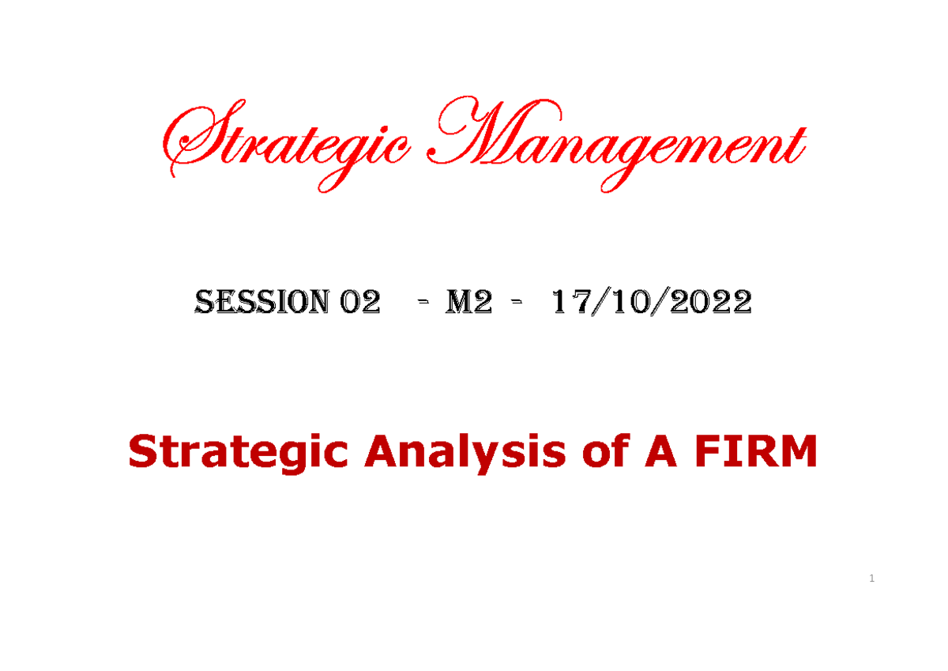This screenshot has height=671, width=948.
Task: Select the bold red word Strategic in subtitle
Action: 238,453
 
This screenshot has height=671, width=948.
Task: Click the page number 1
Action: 871,579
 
